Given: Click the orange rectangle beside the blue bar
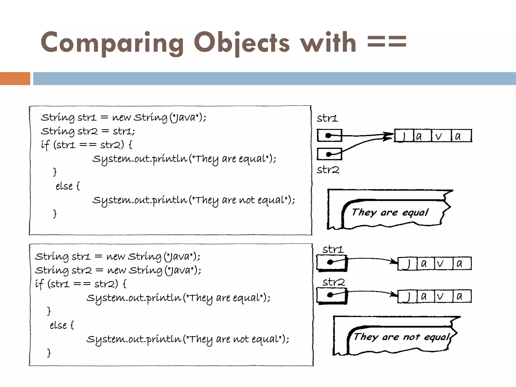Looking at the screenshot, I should [x=15, y=78].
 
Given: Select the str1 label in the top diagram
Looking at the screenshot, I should [x=327, y=118].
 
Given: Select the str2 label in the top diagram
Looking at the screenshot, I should [x=328, y=170].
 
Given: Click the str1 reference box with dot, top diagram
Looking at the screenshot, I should [x=329, y=136].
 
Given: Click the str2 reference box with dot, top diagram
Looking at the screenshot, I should [x=329, y=154].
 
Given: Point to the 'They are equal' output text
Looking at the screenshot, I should [x=390, y=212].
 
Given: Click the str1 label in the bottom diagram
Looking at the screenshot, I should [x=333, y=249].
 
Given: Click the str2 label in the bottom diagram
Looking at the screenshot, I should [x=333, y=282].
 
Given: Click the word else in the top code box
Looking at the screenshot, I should [x=64, y=186].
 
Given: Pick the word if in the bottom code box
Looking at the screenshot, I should [x=39, y=284].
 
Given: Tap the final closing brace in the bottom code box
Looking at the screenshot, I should [x=49, y=353].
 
